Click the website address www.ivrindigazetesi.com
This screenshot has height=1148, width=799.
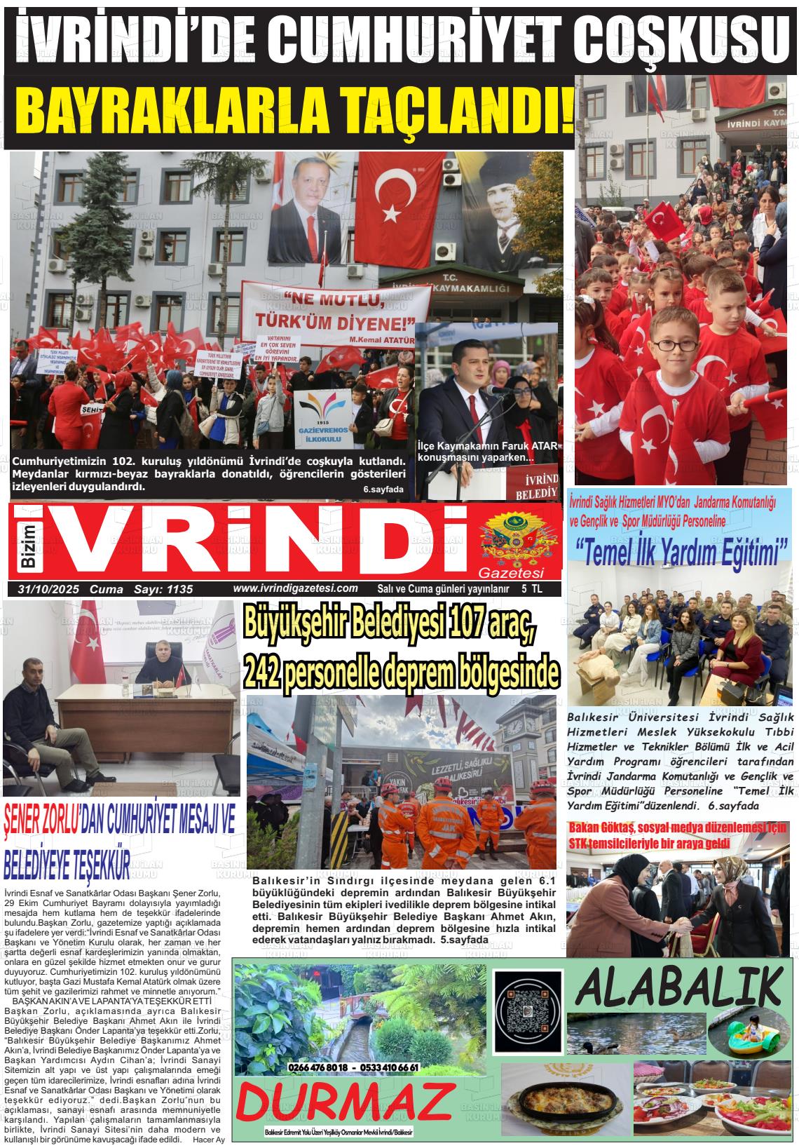[295, 588]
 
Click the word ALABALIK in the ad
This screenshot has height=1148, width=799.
[678, 987]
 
